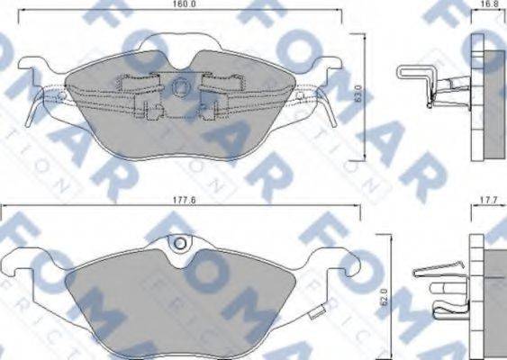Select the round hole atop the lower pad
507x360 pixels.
(x=180, y=243)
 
